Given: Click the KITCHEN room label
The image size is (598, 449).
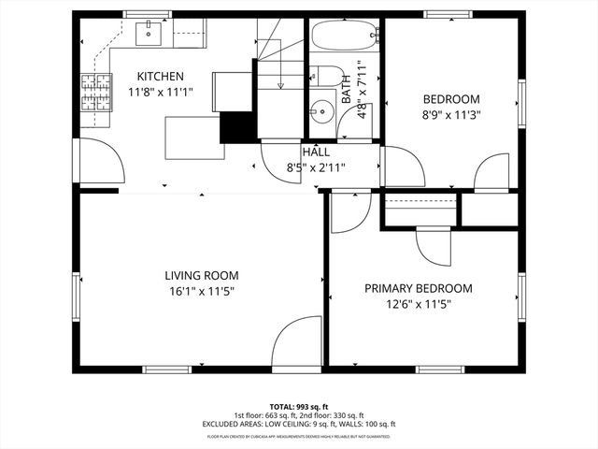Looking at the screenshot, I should (x=161, y=77).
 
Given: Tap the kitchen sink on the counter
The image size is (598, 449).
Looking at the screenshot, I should (x=149, y=35).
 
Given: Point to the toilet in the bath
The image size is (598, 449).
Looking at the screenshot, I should (x=322, y=78).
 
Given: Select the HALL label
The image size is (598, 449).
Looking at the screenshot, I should (x=315, y=152).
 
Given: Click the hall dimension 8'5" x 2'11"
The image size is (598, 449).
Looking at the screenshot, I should (x=316, y=168).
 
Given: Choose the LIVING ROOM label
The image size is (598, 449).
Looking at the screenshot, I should (x=202, y=276).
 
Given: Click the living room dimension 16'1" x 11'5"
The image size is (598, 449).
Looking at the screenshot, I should (x=202, y=292).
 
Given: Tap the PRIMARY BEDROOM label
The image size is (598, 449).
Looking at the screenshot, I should (x=418, y=289).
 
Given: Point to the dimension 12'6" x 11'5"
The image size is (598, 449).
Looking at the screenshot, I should (x=418, y=305).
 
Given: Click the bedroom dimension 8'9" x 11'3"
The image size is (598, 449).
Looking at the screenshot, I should (x=451, y=116).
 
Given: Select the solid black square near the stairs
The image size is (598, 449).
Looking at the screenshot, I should (x=236, y=126).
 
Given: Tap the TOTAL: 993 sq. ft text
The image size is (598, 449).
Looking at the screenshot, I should (x=299, y=407).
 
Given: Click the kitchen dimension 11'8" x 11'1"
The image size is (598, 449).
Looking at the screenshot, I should (x=161, y=93).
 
